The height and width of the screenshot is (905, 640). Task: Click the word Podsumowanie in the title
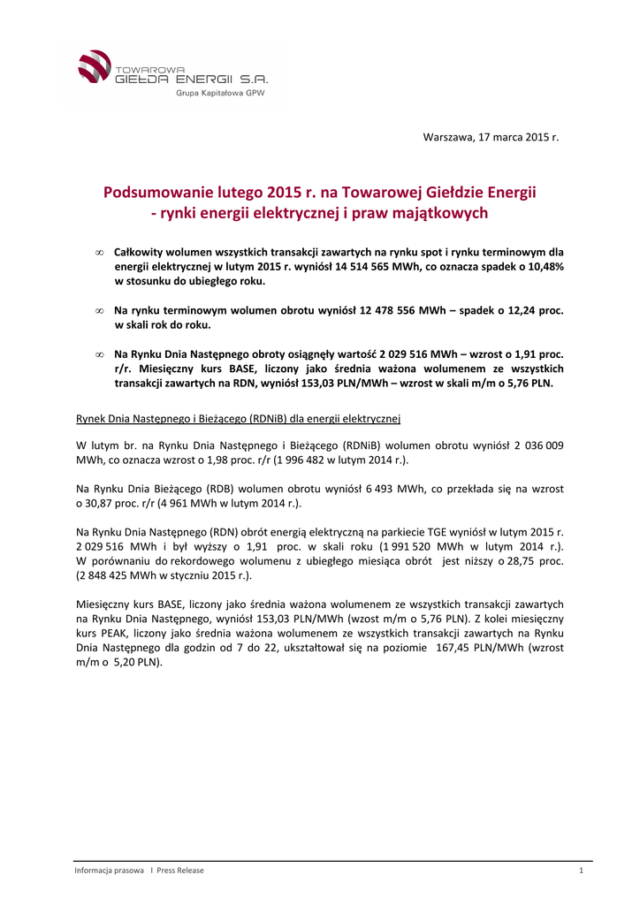pos(153,192)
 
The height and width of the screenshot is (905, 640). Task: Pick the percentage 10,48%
pos(543,266)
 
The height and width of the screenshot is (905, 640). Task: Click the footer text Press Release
pos(180,871)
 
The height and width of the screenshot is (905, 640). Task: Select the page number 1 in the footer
pos(581,871)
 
